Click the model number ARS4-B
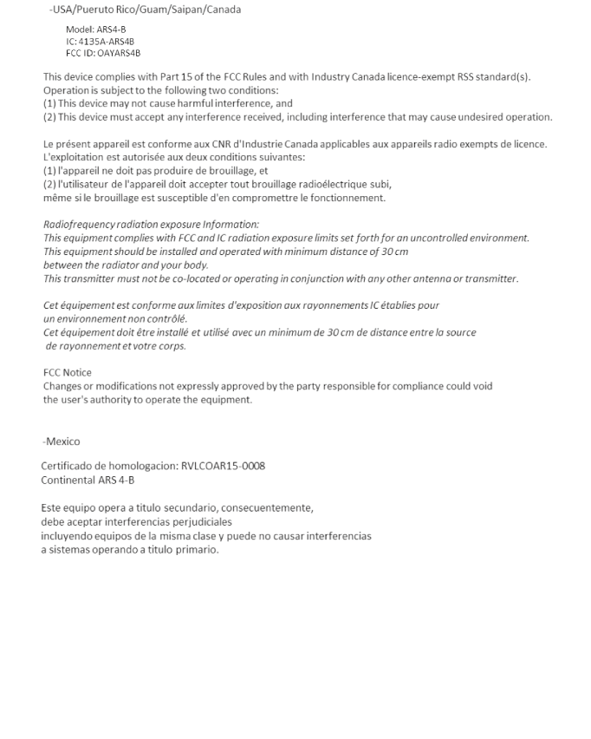tap(112, 29)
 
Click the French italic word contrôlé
tap(168, 318)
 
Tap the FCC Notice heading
tap(68, 373)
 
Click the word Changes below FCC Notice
tap(62, 386)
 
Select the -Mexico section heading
tap(62, 441)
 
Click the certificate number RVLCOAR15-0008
tap(223, 466)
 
